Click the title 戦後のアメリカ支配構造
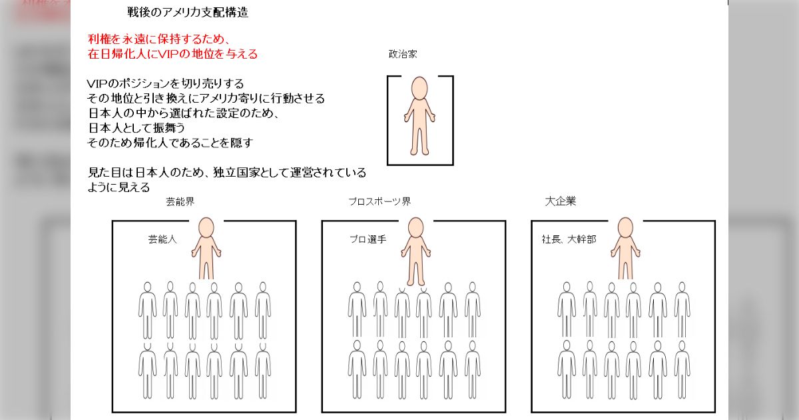pyautogui.click(x=188, y=13)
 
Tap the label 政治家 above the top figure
pyautogui.click(x=403, y=54)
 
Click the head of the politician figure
pyautogui.click(x=419, y=88)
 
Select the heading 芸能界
pyautogui.click(x=180, y=202)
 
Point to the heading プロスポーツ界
pyautogui.click(x=380, y=202)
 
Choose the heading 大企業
pyautogui.click(x=561, y=201)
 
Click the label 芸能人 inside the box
pyautogui.click(x=162, y=239)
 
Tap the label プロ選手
pyautogui.click(x=368, y=239)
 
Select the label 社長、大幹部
pyautogui.click(x=569, y=239)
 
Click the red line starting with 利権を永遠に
pyautogui.click(x=159, y=39)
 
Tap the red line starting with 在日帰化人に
pyautogui.click(x=172, y=54)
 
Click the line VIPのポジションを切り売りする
pyautogui.click(x=166, y=84)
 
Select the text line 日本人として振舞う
pyautogui.click(x=136, y=128)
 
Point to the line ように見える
pyautogui.click(x=119, y=187)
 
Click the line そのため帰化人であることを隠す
pyautogui.click(x=170, y=143)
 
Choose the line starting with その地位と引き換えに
pyautogui.click(x=206, y=99)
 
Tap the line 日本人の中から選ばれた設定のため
pyautogui.click(x=183, y=113)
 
